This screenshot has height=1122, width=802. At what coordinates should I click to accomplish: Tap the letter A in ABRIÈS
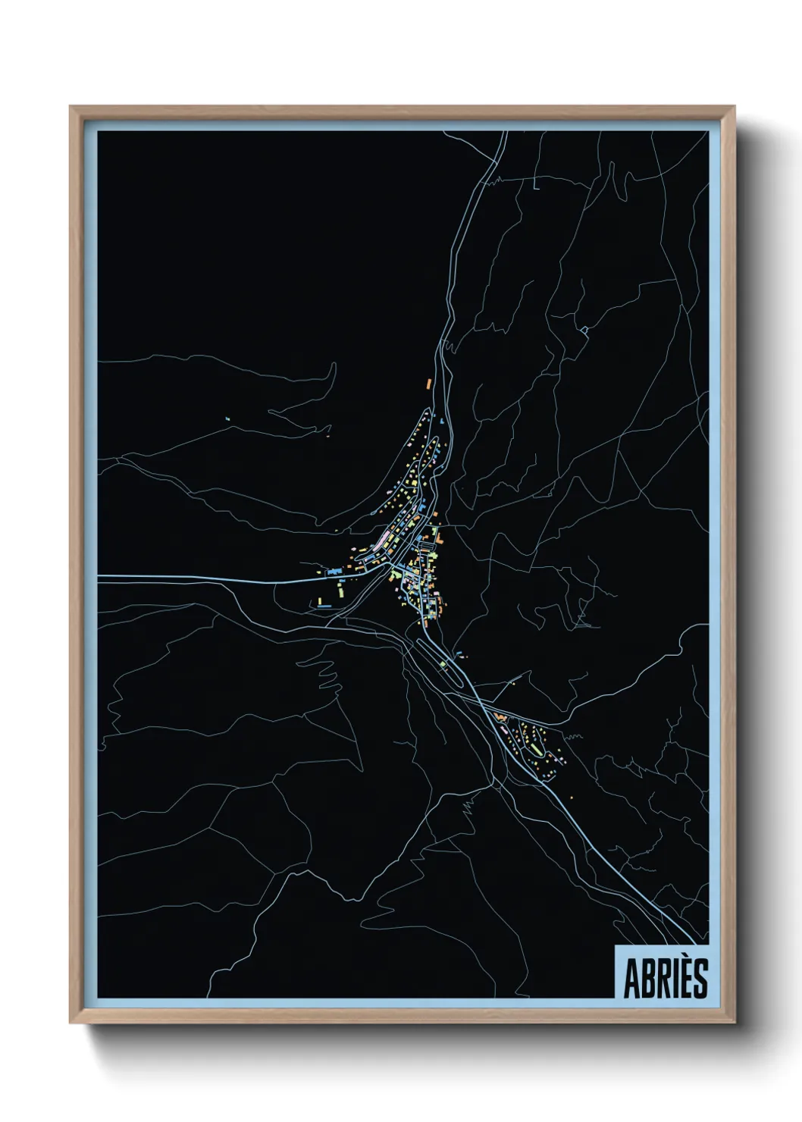[631, 980]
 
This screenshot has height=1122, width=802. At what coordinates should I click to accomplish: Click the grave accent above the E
[680, 959]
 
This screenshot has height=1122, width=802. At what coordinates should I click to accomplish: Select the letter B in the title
[645, 980]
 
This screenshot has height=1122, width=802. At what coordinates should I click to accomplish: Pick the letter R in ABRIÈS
[659, 980]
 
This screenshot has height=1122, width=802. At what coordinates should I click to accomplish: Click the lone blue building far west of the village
[227, 418]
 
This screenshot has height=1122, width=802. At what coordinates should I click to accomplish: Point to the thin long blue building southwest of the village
[324, 606]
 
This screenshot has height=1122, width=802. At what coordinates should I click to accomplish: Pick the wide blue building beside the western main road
[333, 568]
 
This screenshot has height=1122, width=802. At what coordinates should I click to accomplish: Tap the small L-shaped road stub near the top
[535, 184]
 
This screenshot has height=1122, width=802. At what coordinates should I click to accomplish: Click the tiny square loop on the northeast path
[585, 329]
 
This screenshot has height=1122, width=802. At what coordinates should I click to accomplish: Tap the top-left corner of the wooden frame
[72, 108]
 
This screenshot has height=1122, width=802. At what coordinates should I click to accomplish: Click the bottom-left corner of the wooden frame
[72, 1023]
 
